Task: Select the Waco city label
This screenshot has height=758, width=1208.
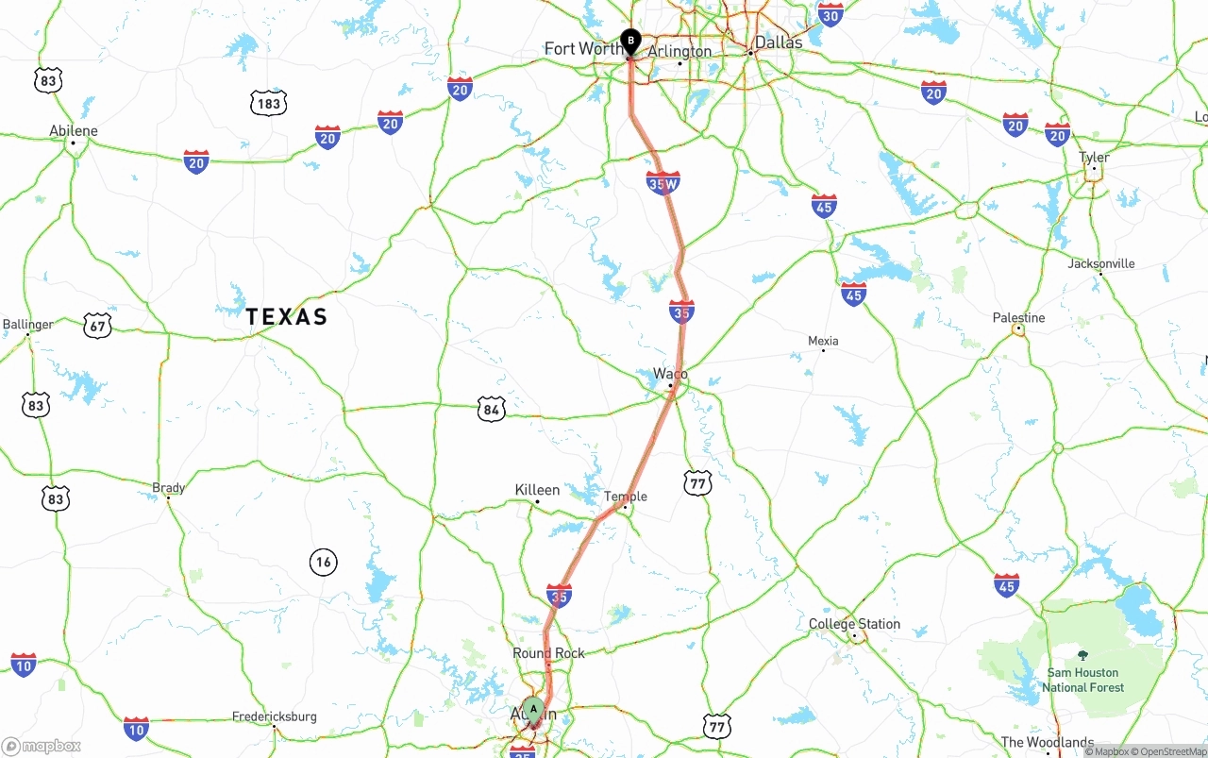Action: click(x=670, y=375)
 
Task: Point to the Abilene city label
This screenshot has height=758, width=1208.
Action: click(x=74, y=131)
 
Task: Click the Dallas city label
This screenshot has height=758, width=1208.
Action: click(x=779, y=42)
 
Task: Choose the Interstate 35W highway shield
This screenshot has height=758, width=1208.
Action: click(x=663, y=183)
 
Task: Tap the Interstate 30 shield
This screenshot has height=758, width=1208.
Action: click(x=830, y=14)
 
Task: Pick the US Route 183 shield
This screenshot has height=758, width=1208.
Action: click(x=268, y=103)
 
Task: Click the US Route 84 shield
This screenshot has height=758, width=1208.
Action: click(x=491, y=409)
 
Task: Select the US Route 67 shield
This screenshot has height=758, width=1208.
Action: click(x=97, y=327)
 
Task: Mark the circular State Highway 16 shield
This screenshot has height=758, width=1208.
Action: click(x=324, y=563)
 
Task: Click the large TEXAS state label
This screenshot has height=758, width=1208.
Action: click(x=287, y=317)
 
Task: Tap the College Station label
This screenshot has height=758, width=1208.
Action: click(x=854, y=624)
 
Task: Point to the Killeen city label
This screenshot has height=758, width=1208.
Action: click(x=537, y=490)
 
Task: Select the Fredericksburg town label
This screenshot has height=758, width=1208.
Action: click(x=275, y=716)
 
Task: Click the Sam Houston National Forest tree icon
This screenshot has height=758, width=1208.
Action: click(x=1082, y=655)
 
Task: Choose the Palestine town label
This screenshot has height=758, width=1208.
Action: click(x=1018, y=318)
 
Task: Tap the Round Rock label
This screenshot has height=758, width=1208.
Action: click(x=548, y=653)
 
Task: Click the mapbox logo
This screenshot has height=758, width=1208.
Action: click(x=42, y=747)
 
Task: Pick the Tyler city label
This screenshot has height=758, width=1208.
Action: click(x=1094, y=158)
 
